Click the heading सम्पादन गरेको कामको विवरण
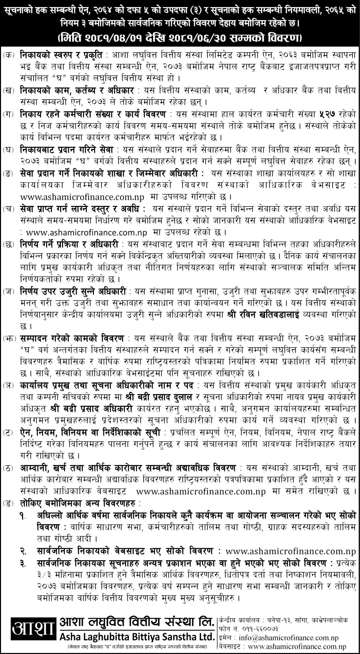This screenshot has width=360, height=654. click(x=71, y=339)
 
